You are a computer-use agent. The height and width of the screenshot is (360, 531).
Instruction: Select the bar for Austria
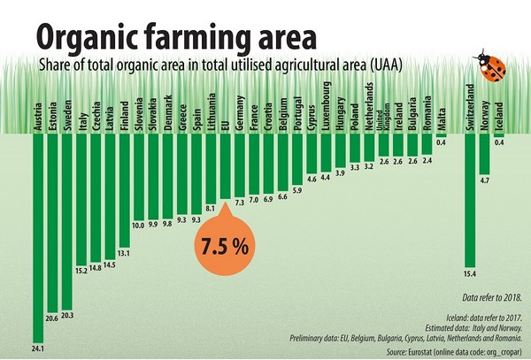37,230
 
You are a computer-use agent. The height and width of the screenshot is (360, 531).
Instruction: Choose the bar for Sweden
67,221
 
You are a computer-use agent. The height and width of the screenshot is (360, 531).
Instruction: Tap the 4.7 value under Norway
484,180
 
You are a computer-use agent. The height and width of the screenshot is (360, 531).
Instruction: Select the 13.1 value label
124,253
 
